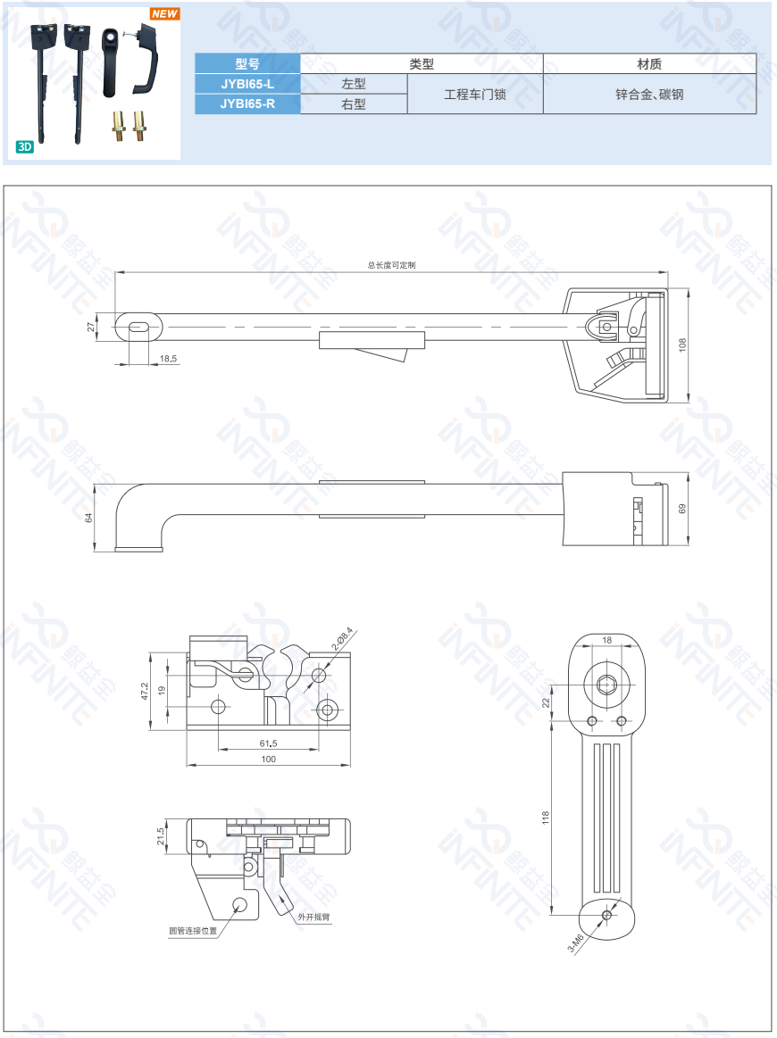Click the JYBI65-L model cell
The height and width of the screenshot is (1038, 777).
pos(247,84)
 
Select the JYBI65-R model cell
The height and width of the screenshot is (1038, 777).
pos(247,104)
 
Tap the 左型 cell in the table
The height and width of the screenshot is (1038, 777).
pos(354,84)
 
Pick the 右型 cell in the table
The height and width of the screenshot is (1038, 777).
pos(354,104)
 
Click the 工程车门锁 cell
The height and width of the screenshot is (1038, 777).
pos(475,94)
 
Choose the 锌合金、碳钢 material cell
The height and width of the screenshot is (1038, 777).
pos(649,94)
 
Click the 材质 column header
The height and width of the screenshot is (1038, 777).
pos(649,64)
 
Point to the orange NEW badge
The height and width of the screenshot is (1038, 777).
pos(164,14)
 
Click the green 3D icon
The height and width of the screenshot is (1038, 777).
pos(25,146)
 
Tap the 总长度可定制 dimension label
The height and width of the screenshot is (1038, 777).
pos(391,265)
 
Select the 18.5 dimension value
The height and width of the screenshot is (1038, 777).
pos(168,359)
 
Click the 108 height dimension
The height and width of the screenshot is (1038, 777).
pos(682,345)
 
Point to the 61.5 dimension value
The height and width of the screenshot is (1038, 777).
pos(268,743)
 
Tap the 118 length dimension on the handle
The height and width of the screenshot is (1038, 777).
pos(546,817)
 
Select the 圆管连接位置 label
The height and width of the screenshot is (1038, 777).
pos(193,930)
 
